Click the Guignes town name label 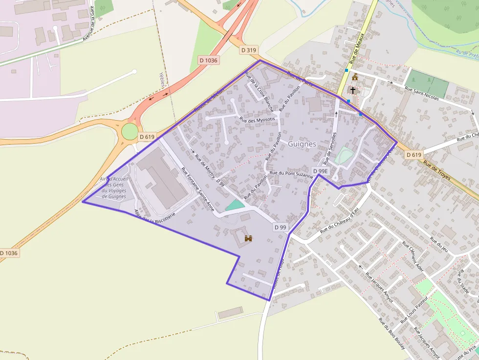click(x=302, y=144)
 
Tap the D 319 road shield click(x=249, y=50)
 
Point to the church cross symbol click(x=353, y=90)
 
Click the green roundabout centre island click(x=130, y=131)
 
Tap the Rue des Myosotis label click(x=258, y=119)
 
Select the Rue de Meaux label click(x=358, y=53)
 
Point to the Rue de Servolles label click(x=329, y=148)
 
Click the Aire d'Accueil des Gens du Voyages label click(x=114, y=188)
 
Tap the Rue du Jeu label click(x=439, y=244)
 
